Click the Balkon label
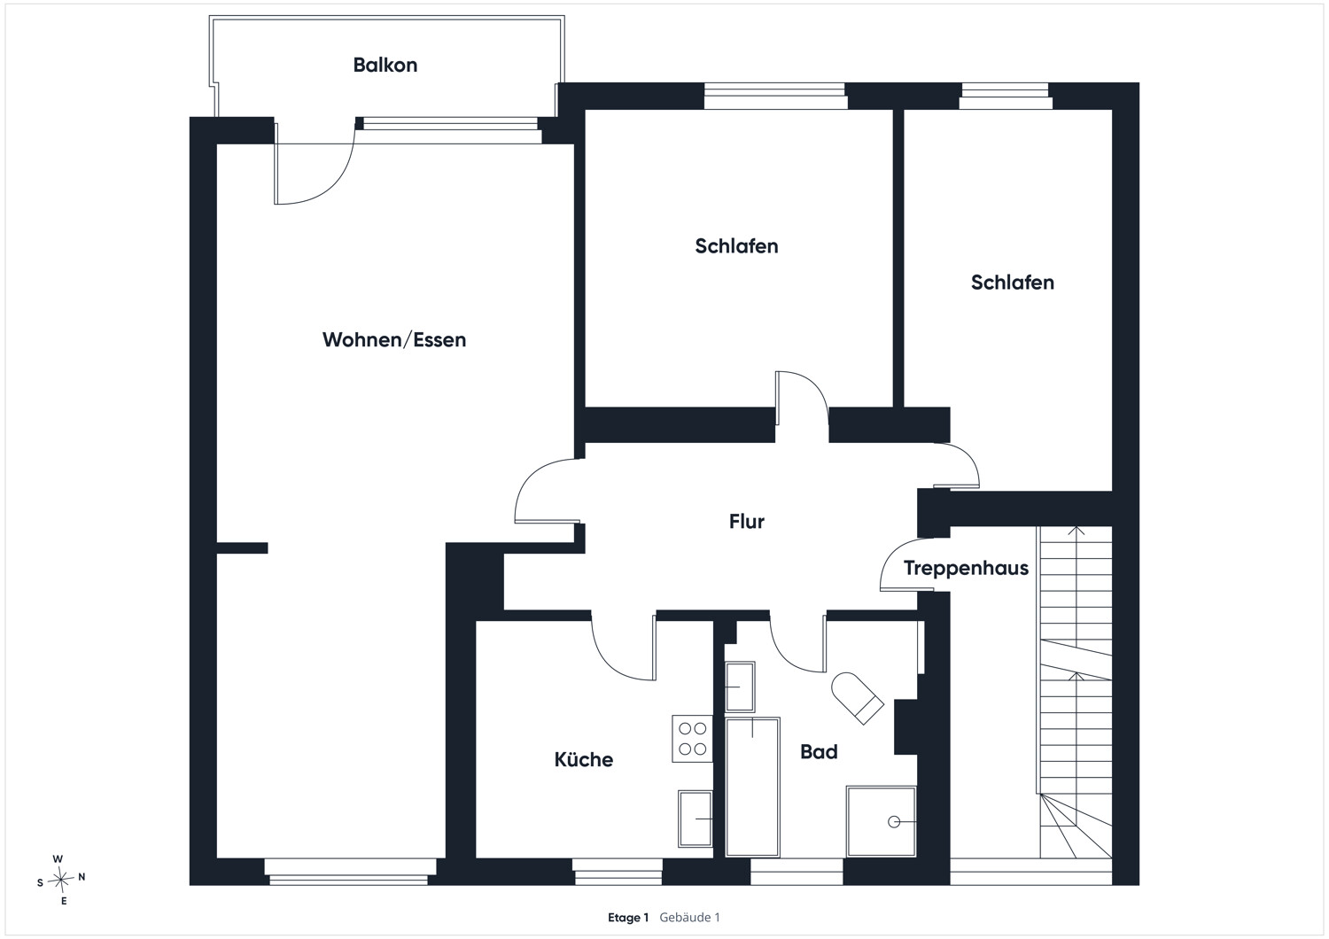[x=385, y=65]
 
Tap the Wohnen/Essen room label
[x=394, y=340]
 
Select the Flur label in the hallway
[x=746, y=522]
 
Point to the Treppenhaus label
[x=966, y=568]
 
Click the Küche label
[x=584, y=759]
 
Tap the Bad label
[x=819, y=751]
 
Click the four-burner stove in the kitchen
[x=692, y=739]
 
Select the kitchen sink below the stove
[x=696, y=819]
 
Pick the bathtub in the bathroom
[x=752, y=788]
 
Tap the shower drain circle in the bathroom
[x=894, y=821]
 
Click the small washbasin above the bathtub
[x=740, y=687]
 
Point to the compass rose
[x=61, y=879]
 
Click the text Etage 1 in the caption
[x=627, y=918]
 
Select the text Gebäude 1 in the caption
[x=689, y=918]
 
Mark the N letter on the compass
[x=82, y=877]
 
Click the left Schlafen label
[x=736, y=246]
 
